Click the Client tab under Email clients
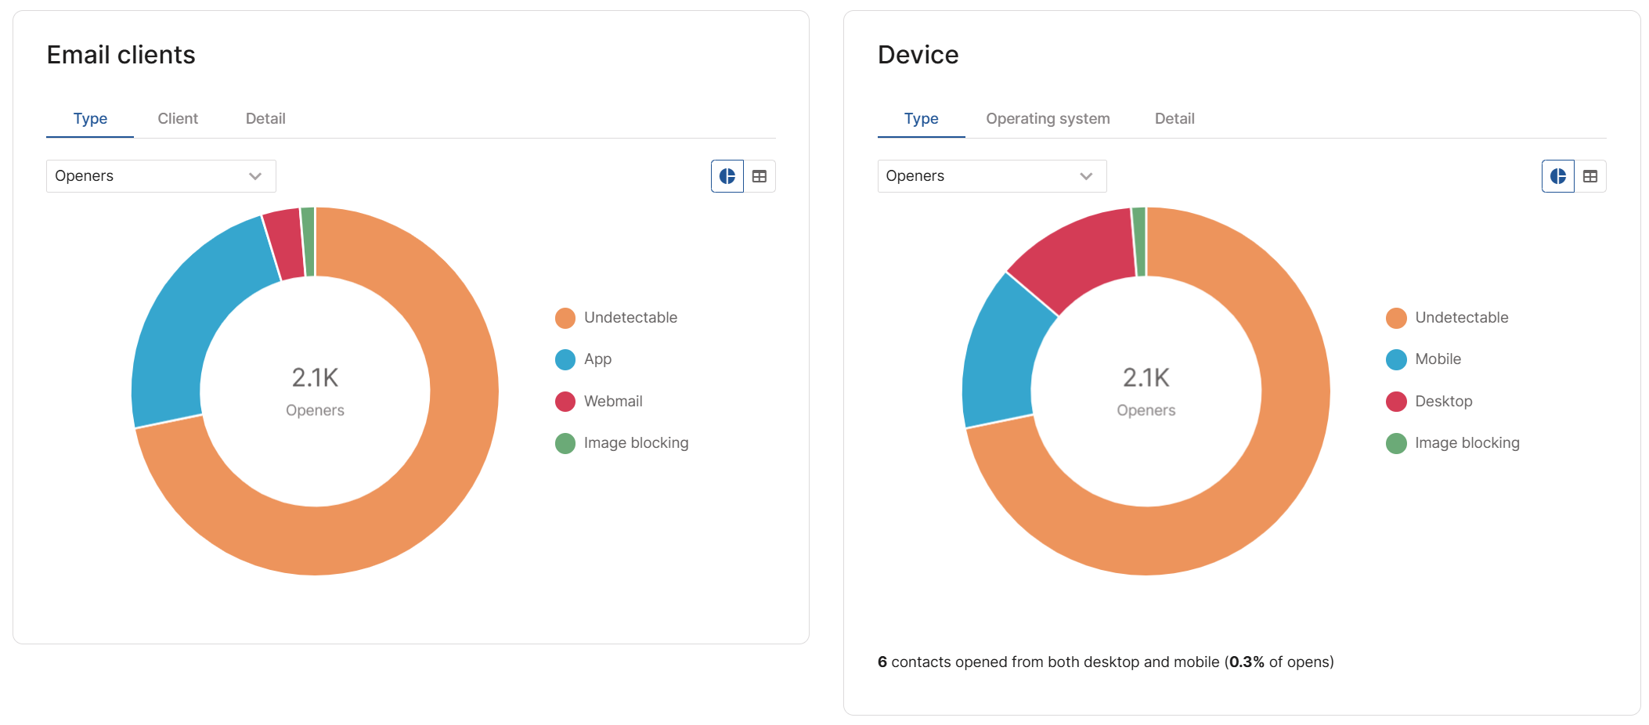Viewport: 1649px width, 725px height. coord(178,119)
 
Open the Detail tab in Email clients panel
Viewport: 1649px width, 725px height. coord(265,119)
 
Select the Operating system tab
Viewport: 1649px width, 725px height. coord(1048,119)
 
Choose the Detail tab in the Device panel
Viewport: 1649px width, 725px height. coord(1175,119)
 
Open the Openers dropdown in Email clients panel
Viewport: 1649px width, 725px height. coord(161,176)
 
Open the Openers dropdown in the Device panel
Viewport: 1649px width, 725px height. coord(992,176)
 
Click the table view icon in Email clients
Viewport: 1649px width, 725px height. coord(760,176)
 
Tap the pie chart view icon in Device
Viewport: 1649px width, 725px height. coord(1558,176)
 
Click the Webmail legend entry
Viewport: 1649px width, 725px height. coord(599,401)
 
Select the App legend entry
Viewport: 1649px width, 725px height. coord(583,359)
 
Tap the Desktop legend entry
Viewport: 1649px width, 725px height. coord(1429,401)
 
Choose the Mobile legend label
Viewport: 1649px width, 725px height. coord(1438,359)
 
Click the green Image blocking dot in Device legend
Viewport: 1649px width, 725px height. coord(1396,444)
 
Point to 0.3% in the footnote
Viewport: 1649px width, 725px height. coord(1247,662)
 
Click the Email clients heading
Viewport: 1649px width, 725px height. coord(121,55)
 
